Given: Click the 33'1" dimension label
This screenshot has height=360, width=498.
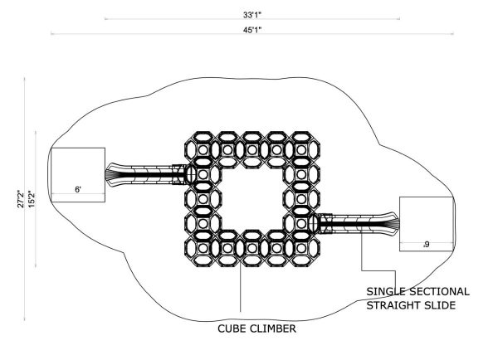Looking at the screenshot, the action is click(x=252, y=15).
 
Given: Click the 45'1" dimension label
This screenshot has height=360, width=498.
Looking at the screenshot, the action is click(x=252, y=30).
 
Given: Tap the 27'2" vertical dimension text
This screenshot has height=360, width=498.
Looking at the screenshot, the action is click(x=20, y=199).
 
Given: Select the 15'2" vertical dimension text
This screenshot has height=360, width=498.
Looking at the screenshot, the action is click(x=32, y=199).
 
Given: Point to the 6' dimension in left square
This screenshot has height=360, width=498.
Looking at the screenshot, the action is click(x=78, y=189).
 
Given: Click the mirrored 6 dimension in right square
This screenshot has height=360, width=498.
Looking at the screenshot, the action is click(x=427, y=244).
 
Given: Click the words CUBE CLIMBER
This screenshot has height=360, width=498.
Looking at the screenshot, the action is click(x=256, y=328).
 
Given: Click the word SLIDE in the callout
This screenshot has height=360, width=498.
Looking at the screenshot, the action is click(x=439, y=305).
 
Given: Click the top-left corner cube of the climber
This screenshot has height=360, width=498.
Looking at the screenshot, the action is click(x=203, y=149).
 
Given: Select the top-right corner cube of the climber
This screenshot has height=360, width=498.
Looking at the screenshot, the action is click(x=301, y=149).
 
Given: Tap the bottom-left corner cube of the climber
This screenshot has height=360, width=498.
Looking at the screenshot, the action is click(x=203, y=248).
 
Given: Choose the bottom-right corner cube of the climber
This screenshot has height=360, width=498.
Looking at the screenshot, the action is click(x=301, y=248).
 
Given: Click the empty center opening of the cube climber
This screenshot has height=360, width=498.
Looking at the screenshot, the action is click(x=252, y=199).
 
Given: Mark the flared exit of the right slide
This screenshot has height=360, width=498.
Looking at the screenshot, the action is click(x=393, y=224).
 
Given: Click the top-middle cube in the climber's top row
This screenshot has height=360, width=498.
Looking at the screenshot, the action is click(x=251, y=149).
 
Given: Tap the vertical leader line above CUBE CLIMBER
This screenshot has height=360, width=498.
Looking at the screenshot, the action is click(x=241, y=289).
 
